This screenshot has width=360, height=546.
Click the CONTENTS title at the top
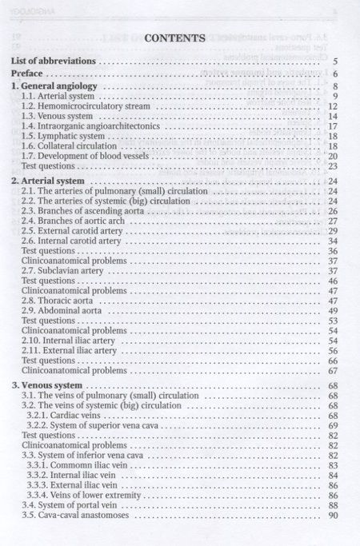176,37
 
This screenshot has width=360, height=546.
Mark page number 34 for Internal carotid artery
334,241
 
